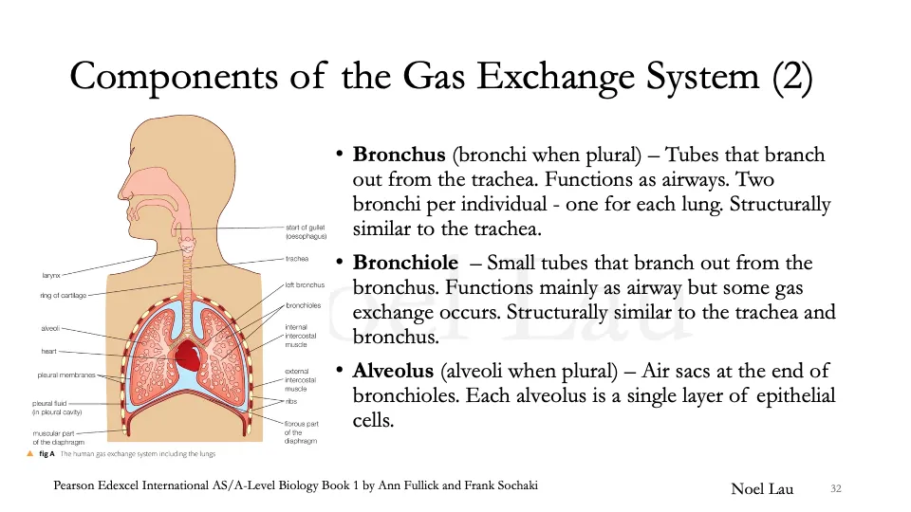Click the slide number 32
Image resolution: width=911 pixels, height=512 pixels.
[836, 488]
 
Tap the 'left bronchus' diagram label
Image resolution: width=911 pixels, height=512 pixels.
[305, 284]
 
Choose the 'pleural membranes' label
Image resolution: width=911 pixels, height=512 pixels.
[67, 375]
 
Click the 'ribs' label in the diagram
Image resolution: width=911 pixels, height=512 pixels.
[292, 401]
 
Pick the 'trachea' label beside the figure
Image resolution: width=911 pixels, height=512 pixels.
[296, 258]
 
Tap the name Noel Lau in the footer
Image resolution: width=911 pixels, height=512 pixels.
[762, 488]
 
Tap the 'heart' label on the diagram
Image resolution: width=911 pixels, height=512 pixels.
[49, 352]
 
